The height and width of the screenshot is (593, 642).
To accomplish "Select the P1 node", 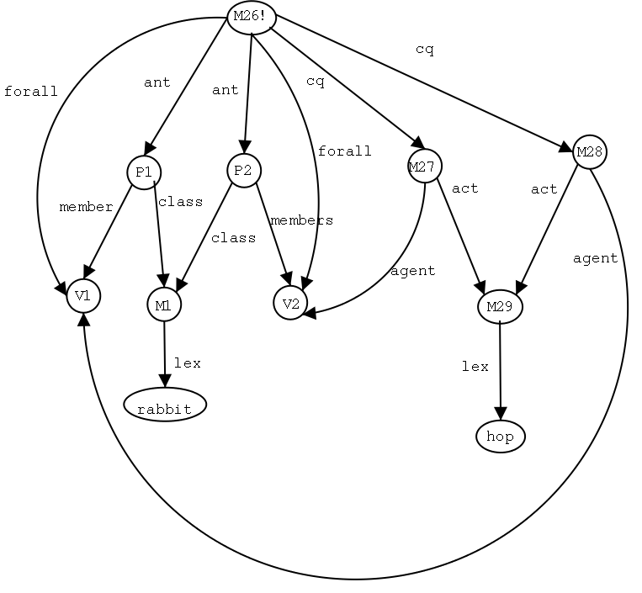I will pos(144,172).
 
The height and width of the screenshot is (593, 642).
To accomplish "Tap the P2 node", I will pos(244,171).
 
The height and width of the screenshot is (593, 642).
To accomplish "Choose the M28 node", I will pos(589,152).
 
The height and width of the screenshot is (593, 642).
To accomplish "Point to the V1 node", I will pos(83,295).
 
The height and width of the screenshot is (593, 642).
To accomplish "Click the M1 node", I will pos(163,305).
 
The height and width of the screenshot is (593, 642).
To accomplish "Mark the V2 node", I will pos(290,303).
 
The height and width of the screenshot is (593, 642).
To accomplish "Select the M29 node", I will pos(500,307).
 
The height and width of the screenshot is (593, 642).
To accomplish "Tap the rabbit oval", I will pos(164,408).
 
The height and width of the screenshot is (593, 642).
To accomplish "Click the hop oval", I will pos(501,437).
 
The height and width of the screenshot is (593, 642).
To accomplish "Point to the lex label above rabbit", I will pos(187,363).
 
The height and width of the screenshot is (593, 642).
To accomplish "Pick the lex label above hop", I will pos(475,366).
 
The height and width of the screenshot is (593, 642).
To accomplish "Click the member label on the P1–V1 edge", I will pos(86,207).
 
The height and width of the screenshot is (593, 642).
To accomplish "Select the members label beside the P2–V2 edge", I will pos(301,220).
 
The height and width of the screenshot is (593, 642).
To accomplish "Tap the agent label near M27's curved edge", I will pos(412,271).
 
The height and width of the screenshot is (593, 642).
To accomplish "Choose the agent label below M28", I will pos(595,258).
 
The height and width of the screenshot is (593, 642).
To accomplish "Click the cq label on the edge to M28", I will pos(425,49).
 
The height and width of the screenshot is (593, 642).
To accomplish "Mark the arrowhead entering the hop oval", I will pos(501,414).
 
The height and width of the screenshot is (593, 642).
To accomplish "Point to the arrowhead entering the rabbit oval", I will pos(165,384).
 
